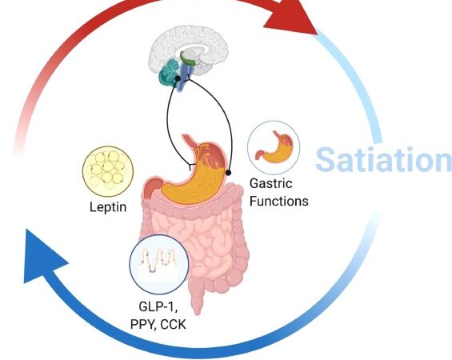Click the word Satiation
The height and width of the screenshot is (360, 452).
(x=384, y=159)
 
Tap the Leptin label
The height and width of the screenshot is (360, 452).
(x=108, y=207)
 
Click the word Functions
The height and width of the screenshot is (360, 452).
(x=278, y=201)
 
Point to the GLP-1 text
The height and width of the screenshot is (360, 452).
(x=158, y=306)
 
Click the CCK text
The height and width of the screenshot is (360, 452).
(x=173, y=324)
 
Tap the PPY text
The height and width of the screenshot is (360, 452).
(x=143, y=325)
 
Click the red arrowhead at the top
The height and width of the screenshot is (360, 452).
(x=291, y=18)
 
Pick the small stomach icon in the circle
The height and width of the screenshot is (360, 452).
(x=274, y=147)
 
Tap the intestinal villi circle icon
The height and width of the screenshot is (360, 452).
(x=159, y=264)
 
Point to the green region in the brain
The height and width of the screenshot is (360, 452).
(x=188, y=58)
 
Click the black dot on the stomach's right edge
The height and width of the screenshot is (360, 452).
(x=228, y=173)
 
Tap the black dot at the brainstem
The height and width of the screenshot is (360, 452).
(x=178, y=78)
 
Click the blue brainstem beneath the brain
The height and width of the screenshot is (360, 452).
(x=183, y=76)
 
